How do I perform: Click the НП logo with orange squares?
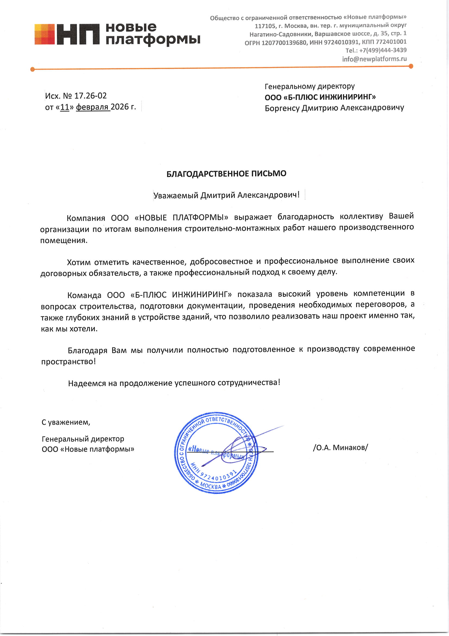(66, 34)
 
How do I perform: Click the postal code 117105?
(265, 26)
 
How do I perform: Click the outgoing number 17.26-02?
(90, 96)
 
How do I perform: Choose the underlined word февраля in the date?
(92, 107)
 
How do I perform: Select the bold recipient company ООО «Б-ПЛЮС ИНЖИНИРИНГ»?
(320, 97)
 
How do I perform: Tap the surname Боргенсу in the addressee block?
(282, 108)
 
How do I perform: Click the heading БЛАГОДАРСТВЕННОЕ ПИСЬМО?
(226, 174)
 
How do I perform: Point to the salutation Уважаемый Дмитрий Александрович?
(226, 195)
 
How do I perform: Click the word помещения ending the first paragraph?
(64, 240)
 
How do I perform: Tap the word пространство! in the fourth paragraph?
(68, 362)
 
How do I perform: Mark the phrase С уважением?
(66, 422)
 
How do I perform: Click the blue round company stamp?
(216, 453)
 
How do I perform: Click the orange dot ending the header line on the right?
(410, 66)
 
